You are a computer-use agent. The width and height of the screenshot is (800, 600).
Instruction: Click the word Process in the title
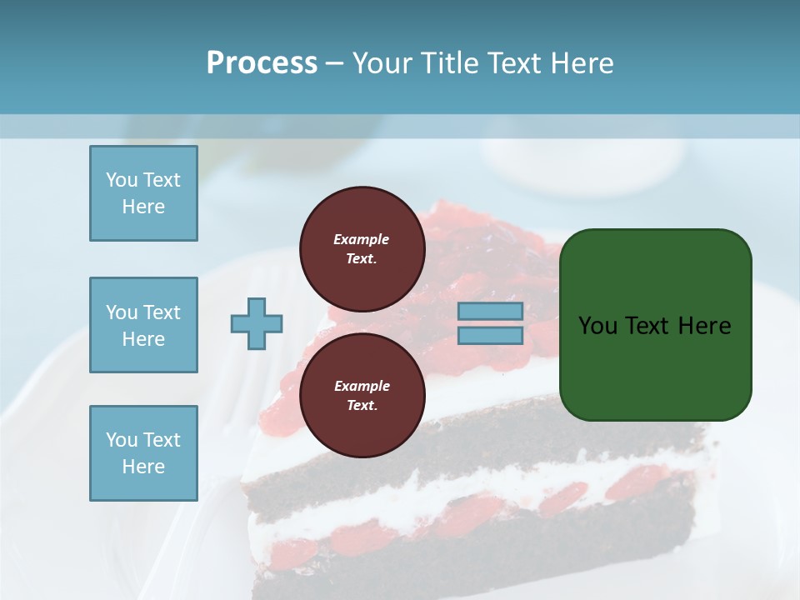point(262,63)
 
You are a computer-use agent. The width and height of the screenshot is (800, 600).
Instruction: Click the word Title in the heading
point(447,63)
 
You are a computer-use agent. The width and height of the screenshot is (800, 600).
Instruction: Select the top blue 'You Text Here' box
point(143,193)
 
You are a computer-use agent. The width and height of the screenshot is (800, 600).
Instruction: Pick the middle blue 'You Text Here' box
point(143,325)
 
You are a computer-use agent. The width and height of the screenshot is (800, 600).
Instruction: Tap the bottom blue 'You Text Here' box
point(143,453)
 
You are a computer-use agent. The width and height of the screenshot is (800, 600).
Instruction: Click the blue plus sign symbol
point(257,323)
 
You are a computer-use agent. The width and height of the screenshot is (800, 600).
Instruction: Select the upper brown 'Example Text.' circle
point(362,248)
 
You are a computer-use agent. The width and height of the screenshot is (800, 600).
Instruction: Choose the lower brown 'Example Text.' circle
point(362,395)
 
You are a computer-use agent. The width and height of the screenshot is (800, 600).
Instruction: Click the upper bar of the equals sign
point(490,312)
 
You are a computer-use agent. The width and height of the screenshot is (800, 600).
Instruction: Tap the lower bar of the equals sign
point(490,335)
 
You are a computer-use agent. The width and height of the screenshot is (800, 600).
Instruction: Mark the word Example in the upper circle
point(362,239)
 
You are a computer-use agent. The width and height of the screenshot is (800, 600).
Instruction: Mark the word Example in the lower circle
point(362,386)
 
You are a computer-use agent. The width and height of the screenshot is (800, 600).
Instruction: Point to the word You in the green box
point(597,326)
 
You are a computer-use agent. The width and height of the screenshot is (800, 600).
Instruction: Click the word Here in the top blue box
point(143,207)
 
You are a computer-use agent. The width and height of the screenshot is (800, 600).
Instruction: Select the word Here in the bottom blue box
point(143,467)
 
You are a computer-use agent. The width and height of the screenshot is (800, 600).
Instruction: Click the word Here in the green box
point(704,326)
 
